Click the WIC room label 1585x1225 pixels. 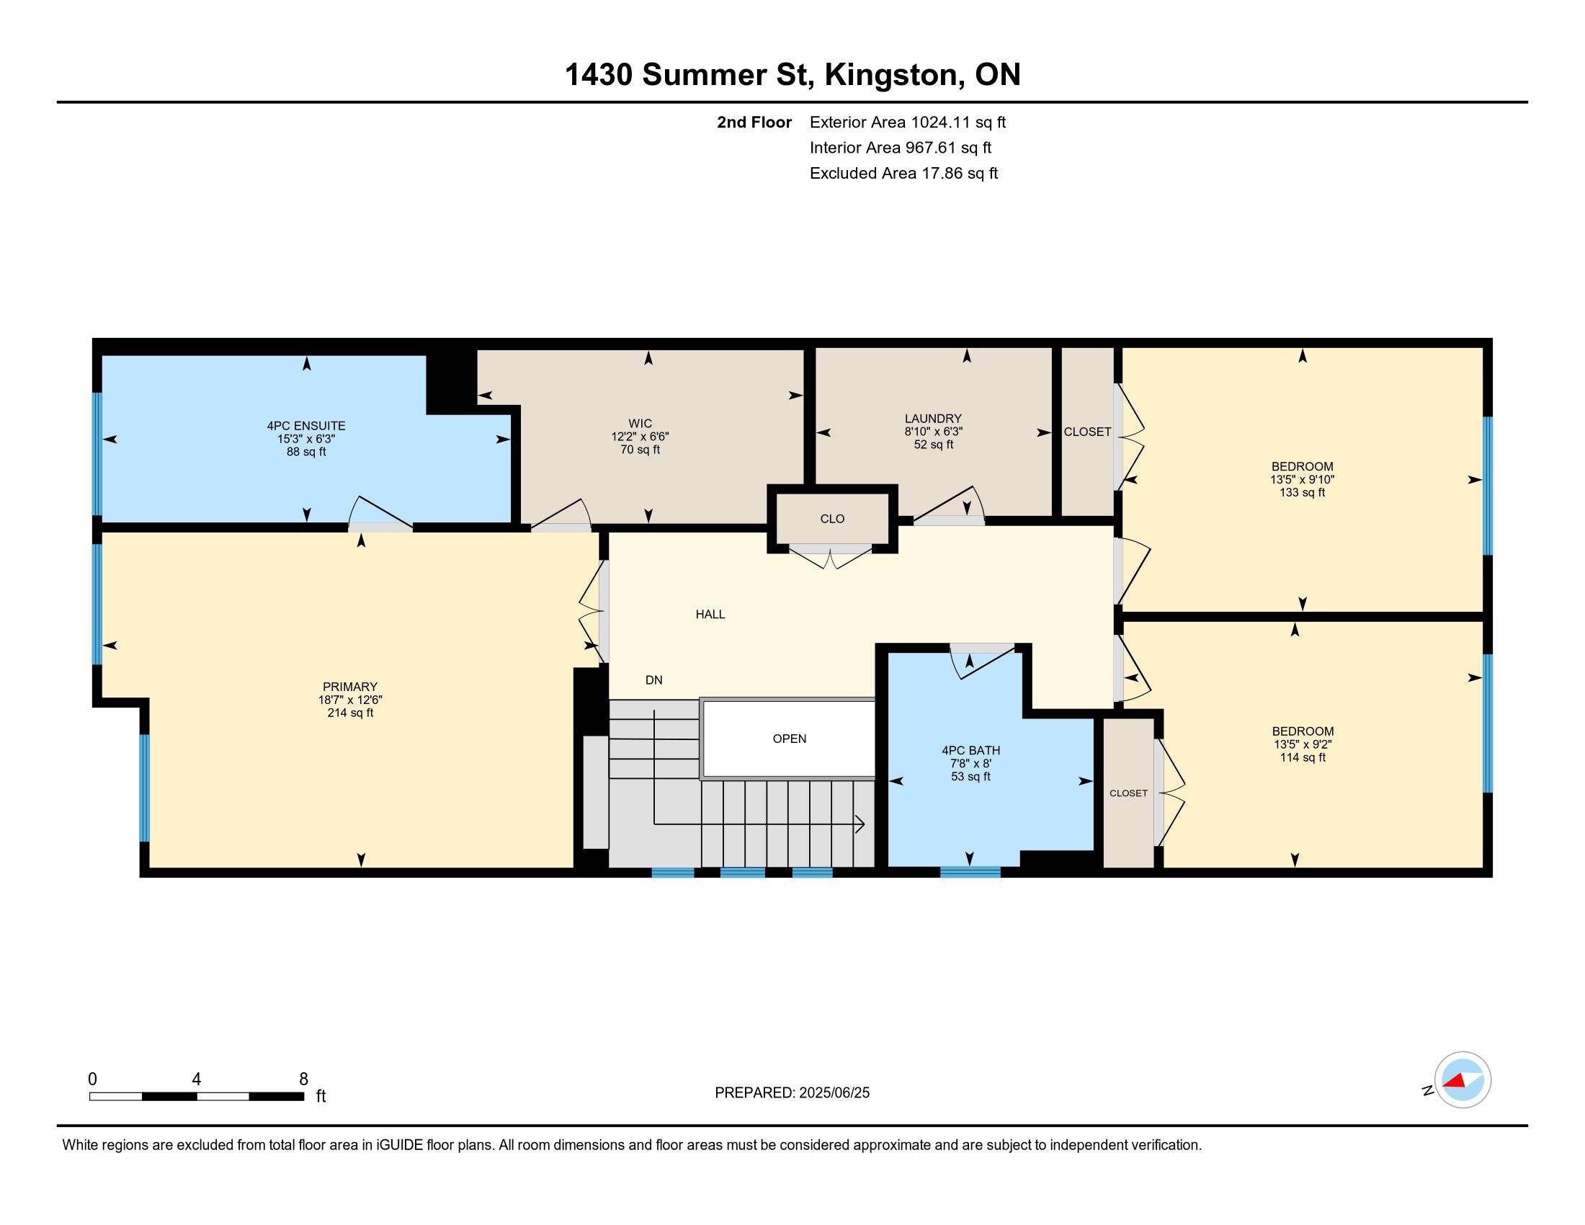(640, 424)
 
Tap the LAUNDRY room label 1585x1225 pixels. (933, 419)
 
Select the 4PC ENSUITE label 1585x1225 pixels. (306, 426)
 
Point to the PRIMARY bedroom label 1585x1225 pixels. (350, 687)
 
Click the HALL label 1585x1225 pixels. (710, 615)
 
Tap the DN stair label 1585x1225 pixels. (654, 680)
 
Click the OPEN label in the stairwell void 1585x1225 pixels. (790, 739)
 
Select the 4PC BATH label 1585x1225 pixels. (971, 750)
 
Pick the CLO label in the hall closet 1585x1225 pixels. (832, 519)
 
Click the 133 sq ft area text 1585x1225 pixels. (1302, 493)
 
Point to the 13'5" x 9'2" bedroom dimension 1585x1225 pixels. (1303, 744)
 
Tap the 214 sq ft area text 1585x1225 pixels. (350, 713)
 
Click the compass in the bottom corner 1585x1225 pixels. (1463, 1080)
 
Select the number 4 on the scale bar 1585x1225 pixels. (196, 1079)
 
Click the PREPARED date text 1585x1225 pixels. (792, 1093)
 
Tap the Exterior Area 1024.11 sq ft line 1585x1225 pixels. (908, 122)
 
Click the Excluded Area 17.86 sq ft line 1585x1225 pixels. (903, 174)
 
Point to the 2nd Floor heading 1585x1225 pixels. (754, 122)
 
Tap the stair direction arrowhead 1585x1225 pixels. (860, 824)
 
